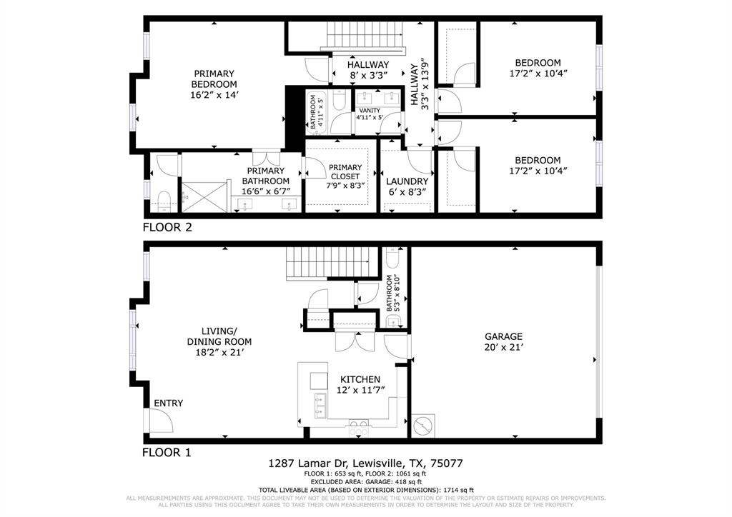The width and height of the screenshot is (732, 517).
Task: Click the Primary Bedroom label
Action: [214, 79]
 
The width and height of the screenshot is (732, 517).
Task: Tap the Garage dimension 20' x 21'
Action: [503, 348]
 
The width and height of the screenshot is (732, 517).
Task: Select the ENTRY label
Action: [168, 403]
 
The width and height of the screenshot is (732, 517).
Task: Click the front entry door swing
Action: [160, 421]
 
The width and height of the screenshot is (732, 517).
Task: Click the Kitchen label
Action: [360, 379]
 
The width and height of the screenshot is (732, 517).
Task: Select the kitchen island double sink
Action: [318, 411]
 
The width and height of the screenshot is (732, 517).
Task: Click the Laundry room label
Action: [407, 181]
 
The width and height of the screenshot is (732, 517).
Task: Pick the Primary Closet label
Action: [345, 172]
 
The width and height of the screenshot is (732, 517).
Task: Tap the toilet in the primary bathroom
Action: [163, 199]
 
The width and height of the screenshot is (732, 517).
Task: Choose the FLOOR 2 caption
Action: [167, 228]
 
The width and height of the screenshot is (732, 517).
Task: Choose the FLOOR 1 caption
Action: [167, 452]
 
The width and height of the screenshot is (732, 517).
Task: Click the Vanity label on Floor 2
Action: [370, 110]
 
